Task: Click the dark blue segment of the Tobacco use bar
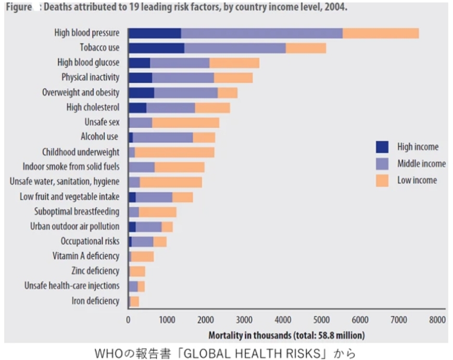pyautogui.click(x=156, y=48)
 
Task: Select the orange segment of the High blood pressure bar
pyautogui.click(x=381, y=33)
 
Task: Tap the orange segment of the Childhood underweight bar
pyautogui.click(x=174, y=152)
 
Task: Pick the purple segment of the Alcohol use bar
pyautogui.click(x=163, y=137)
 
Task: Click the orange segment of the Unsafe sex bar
pyautogui.click(x=185, y=122)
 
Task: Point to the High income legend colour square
pyautogui.click(x=382, y=147)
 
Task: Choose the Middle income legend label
pyautogui.click(x=421, y=164)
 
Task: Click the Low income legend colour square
pyautogui.click(x=382, y=180)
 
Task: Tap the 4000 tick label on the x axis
pyautogui.click(x=282, y=320)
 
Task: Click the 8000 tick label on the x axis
pyautogui.click(x=437, y=320)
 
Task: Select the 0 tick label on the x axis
pyautogui.click(x=129, y=320)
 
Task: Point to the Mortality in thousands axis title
pyautogui.click(x=286, y=334)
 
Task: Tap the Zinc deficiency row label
pyautogui.click(x=95, y=271)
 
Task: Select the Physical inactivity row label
pyautogui.click(x=91, y=77)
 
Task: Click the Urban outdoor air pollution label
pyautogui.click(x=75, y=227)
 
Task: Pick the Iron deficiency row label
pyautogui.click(x=95, y=301)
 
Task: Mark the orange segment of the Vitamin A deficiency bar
pyautogui.click(x=143, y=256)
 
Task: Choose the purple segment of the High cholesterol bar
pyautogui.click(x=171, y=107)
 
